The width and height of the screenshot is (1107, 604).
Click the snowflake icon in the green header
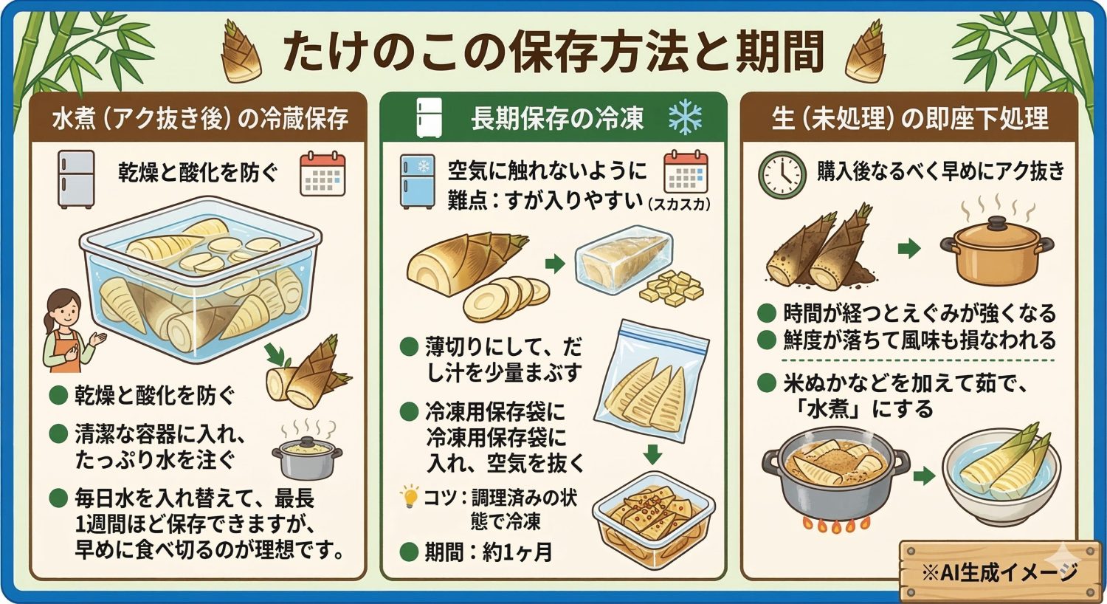tap(684, 118)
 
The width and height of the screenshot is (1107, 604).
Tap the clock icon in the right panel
tap(782, 175)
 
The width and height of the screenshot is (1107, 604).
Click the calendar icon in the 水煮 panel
tap(323, 174)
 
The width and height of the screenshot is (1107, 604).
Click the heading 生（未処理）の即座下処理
tap(909, 118)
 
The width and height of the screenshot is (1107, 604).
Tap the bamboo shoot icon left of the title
tap(242, 52)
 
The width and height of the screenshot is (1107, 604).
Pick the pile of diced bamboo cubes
tap(671, 289)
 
